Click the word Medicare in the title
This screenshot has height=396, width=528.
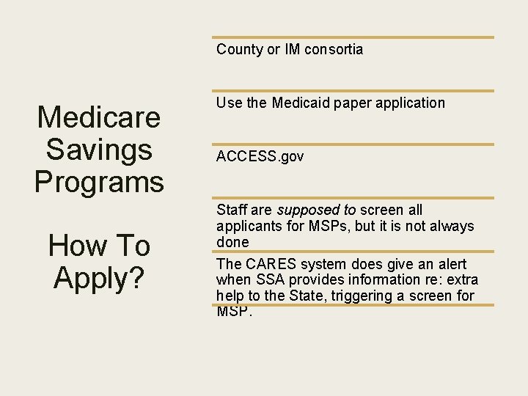(99, 117)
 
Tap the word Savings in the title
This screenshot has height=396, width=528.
(99, 149)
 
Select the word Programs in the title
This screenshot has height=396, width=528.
(99, 180)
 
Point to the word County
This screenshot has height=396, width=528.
(240, 50)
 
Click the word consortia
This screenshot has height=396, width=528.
(334, 50)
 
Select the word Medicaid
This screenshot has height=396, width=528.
(302, 103)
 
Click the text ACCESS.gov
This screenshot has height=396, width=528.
(260, 156)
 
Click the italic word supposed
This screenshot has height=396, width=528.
(304, 210)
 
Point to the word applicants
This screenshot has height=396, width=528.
(246, 227)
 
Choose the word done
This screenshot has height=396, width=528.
(232, 242)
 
